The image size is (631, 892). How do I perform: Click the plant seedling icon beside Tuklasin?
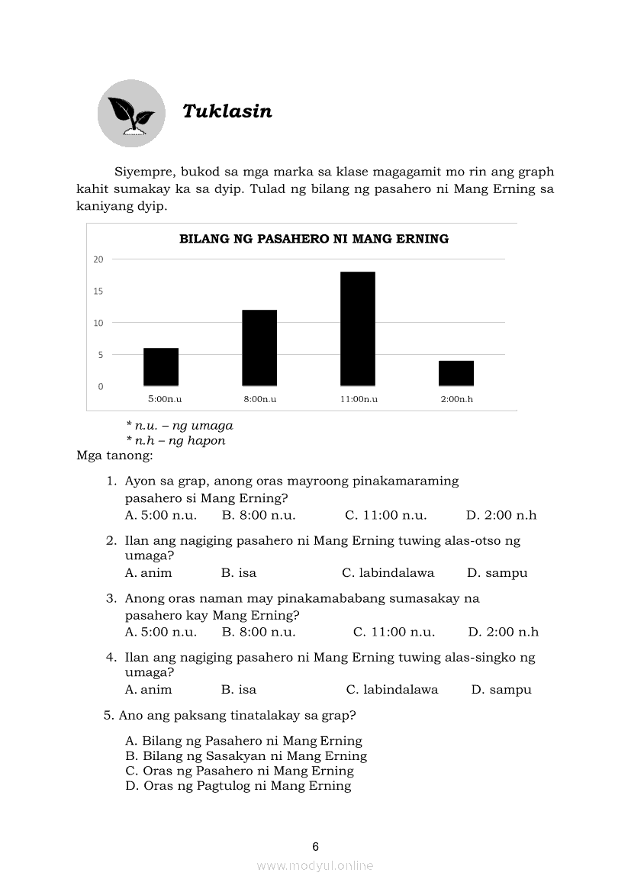pos(131,114)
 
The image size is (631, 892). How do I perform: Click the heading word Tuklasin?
pos(227,111)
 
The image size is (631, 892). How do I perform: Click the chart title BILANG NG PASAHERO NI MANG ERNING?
pos(314,239)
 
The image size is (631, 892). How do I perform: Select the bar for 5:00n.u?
pos(161,367)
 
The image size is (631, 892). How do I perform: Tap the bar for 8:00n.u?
pos(259,348)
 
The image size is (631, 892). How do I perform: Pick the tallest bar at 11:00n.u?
pos(358,329)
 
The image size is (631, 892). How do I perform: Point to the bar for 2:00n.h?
pos(456,373)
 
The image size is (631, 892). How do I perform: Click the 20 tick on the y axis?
pos(98,259)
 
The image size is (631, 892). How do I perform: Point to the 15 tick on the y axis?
pos(98,291)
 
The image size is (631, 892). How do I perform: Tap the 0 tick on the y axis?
pos(101,387)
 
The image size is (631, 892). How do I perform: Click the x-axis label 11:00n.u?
pos(359,399)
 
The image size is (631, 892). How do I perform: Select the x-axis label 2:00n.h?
pos(456,399)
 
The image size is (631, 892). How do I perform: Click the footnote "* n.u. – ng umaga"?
pos(179,426)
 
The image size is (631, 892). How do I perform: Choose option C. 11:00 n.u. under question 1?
pos(385,515)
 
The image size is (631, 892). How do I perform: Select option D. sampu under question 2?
pos(497,573)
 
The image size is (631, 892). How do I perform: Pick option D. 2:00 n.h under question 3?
pos(503,632)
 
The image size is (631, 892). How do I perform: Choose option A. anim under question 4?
pos(149,690)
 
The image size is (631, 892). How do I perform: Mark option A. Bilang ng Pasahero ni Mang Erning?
pos(243,741)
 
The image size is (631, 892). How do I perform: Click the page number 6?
pos(316,846)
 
